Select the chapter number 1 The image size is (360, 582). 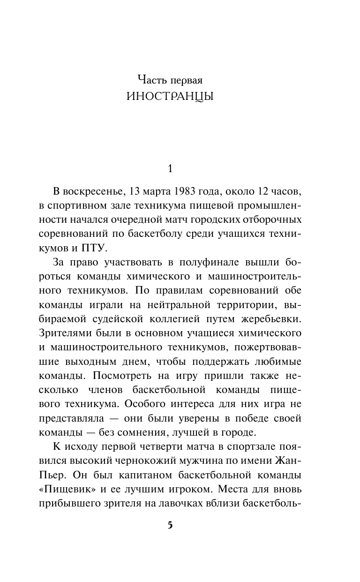coord(171,168)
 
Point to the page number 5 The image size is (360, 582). coord(170,526)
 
